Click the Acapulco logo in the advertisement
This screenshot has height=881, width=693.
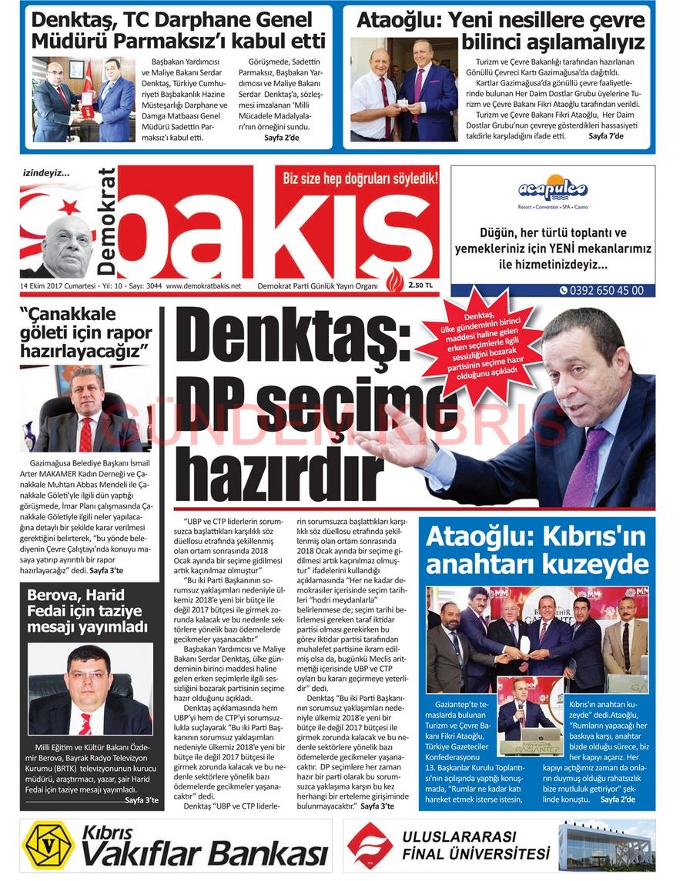(x=552, y=189)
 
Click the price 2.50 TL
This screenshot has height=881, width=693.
(x=421, y=285)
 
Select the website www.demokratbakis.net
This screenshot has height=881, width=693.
(x=203, y=285)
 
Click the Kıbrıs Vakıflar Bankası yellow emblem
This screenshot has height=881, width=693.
(x=48, y=845)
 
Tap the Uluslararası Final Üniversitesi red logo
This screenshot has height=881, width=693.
(x=370, y=844)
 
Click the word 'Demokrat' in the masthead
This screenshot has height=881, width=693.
(x=107, y=222)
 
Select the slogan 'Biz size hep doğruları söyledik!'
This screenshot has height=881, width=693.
(x=360, y=179)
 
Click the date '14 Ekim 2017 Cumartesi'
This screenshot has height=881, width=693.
(x=59, y=285)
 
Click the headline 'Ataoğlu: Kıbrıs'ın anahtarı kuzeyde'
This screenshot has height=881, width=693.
(x=537, y=551)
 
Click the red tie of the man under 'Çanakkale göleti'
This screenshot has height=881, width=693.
(x=85, y=435)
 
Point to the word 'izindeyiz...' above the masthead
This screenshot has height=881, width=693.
(x=46, y=175)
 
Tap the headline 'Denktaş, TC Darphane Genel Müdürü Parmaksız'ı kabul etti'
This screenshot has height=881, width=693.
(x=179, y=30)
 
